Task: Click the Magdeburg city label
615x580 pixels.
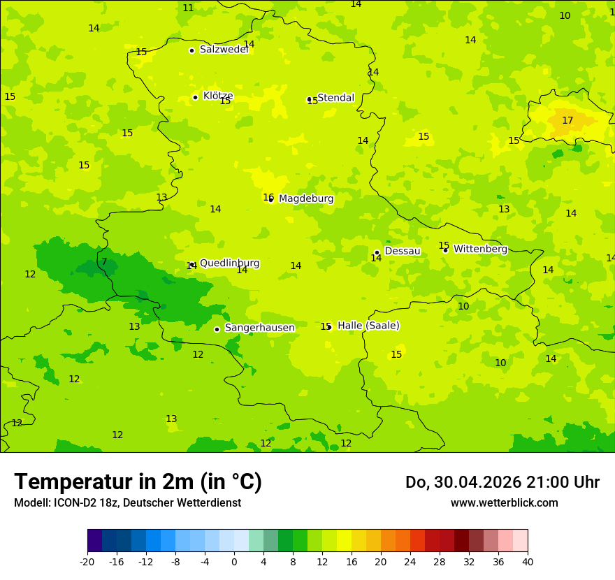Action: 306,199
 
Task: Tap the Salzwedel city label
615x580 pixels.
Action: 224,50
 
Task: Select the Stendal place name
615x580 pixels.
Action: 335,98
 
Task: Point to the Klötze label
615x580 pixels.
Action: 218,96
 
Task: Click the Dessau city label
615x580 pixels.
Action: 403,251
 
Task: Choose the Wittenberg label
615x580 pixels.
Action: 480,249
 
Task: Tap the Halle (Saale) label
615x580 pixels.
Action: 368,326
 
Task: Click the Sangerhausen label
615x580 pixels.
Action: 259,328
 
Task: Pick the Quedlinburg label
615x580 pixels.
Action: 229,263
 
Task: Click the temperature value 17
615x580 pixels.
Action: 567,121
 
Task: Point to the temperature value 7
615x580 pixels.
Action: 104,262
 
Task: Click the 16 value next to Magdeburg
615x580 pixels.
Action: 268,198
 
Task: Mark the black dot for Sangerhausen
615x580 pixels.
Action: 217,329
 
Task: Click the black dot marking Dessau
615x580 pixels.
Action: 377,252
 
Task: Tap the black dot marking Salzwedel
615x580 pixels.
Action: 191,50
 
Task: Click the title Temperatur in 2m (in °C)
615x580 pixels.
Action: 138,482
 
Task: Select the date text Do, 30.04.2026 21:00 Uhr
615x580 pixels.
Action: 502,482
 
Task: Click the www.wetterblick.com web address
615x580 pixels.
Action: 504,503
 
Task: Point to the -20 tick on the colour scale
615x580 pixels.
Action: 87,561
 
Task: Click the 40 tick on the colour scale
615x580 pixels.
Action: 527,561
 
